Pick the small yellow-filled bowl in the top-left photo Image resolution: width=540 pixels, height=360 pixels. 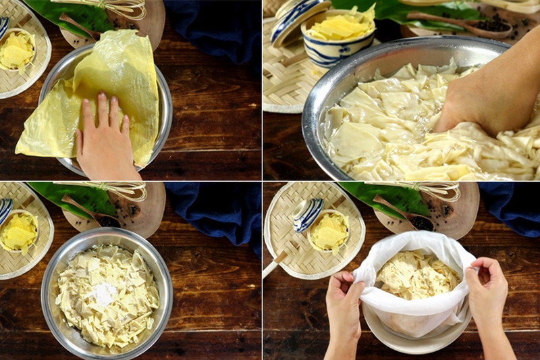[x=16, y=51]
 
